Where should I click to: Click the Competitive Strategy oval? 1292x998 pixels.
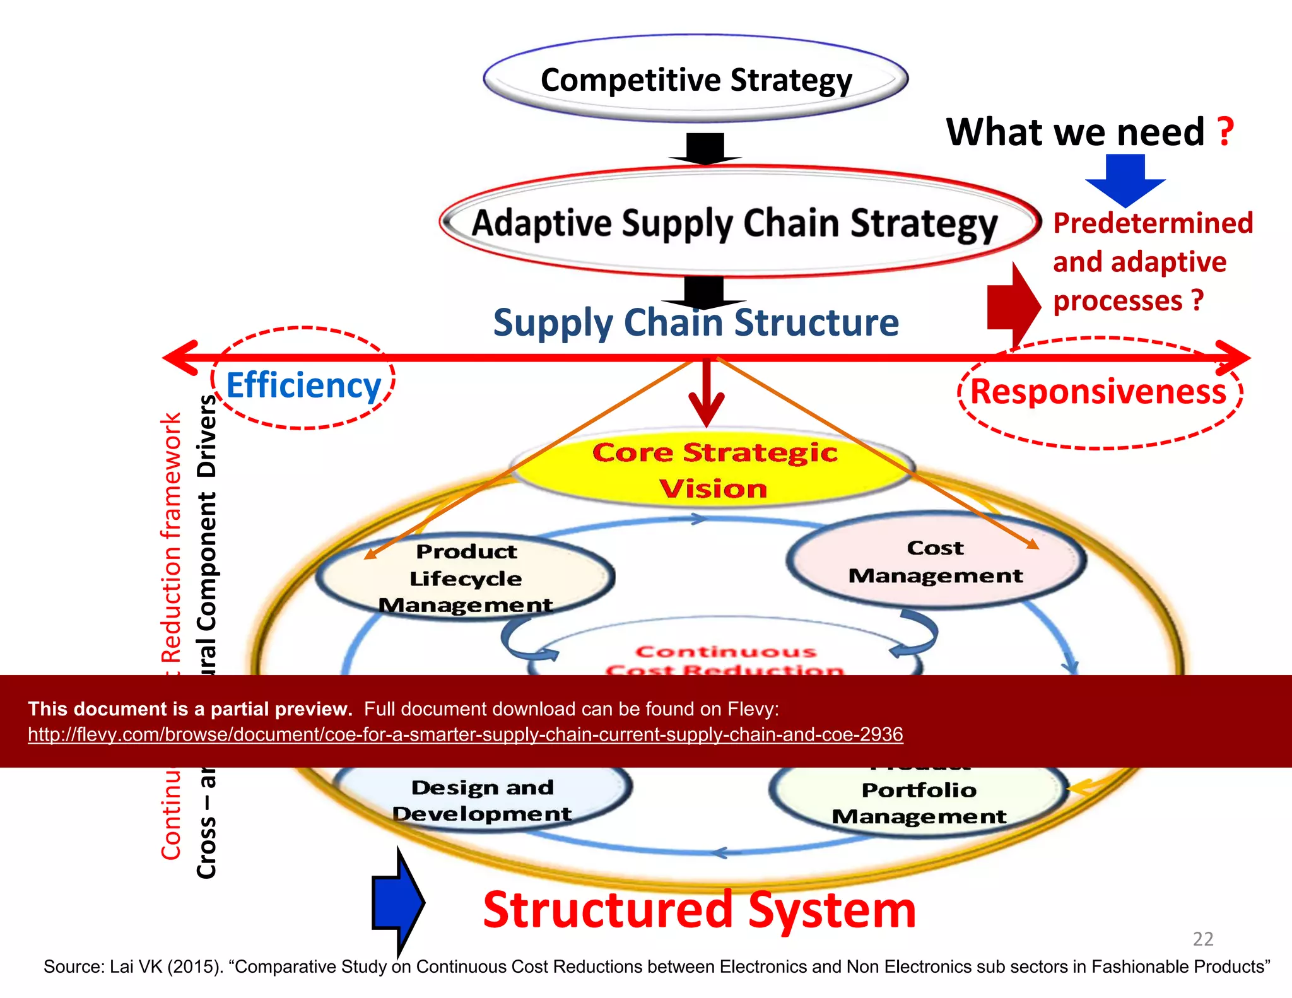(695, 79)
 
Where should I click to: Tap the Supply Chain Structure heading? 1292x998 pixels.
(696, 323)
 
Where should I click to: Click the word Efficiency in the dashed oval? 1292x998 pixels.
(303, 385)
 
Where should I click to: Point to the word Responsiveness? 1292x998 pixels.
(1098, 392)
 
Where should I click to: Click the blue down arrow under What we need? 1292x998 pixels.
(1125, 180)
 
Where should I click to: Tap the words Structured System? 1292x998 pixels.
(699, 910)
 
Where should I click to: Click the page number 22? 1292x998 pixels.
(1202, 939)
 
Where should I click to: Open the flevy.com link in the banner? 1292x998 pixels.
(465, 734)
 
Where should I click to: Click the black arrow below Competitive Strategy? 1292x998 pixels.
(705, 150)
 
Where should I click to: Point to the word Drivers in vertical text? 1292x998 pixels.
(207, 435)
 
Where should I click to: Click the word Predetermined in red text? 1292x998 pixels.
(1153, 223)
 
